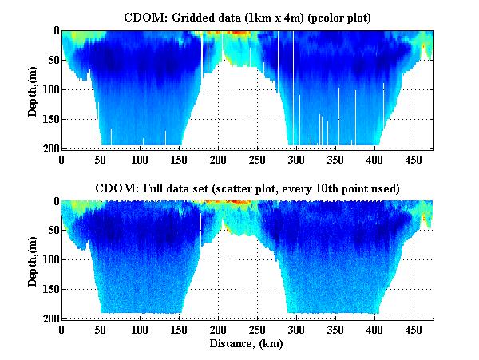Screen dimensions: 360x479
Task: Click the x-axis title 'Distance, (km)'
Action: coord(247,344)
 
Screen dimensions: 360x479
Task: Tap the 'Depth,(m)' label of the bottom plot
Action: coord(33,260)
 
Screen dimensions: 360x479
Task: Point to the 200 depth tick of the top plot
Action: coord(49,149)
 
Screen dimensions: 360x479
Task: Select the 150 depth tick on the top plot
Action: coord(49,120)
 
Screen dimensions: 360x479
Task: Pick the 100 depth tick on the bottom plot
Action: coord(49,260)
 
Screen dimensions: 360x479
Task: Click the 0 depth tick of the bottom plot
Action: coord(54,202)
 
